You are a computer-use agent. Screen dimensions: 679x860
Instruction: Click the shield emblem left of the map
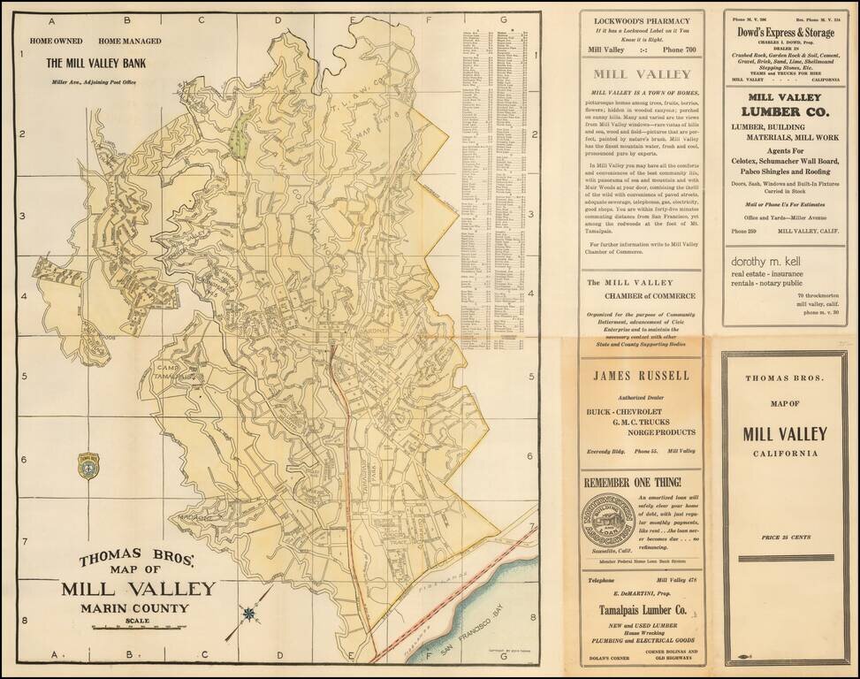88,466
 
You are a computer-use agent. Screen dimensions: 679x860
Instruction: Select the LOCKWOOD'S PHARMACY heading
641,20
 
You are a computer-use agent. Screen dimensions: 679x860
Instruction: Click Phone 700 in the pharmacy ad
674,50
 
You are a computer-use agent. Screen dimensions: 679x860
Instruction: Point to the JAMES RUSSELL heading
641,375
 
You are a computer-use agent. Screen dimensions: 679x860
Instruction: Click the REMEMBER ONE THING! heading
632,482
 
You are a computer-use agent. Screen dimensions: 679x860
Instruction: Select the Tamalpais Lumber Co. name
641,611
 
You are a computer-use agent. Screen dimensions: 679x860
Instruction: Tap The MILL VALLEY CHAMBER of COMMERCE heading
641,288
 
